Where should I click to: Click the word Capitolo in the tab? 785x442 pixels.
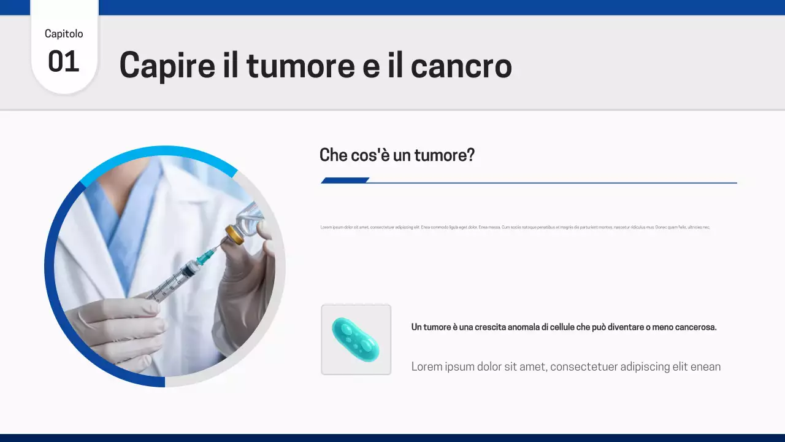(x=64, y=34)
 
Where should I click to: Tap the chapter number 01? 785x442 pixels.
(x=64, y=62)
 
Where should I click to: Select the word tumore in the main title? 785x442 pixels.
(x=301, y=66)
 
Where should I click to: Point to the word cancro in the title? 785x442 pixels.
(x=461, y=66)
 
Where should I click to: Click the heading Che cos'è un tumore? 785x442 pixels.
(x=397, y=155)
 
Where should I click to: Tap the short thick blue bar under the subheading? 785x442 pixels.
(x=345, y=180)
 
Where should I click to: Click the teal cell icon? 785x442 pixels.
(x=356, y=339)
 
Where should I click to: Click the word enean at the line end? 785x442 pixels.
(x=705, y=366)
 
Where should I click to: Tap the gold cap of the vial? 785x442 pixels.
(x=234, y=233)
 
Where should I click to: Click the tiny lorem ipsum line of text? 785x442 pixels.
(x=515, y=227)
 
